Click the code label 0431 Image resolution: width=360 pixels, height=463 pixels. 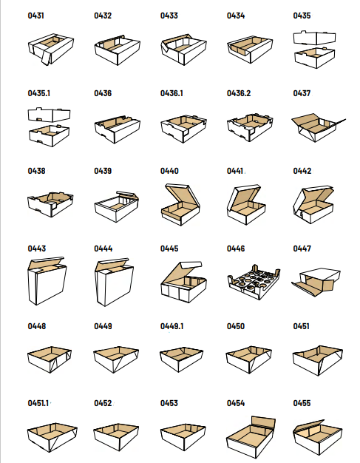point(35,16)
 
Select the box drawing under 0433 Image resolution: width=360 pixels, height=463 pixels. point(183,50)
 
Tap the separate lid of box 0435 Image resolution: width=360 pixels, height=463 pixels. point(314,37)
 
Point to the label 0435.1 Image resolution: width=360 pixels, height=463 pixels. point(38,93)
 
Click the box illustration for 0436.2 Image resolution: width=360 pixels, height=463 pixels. point(250,127)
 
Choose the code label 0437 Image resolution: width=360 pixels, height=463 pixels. point(302,93)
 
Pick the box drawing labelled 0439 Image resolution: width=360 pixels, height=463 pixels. point(117,206)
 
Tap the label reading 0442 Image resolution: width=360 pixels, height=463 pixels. point(302,171)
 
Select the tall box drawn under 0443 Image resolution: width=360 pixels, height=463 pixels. point(47,281)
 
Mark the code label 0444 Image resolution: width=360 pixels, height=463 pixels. point(103,249)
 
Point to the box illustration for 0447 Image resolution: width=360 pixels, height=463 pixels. point(316,283)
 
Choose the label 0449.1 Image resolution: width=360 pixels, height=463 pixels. point(171,326)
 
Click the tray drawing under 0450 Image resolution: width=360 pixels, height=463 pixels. point(249,359)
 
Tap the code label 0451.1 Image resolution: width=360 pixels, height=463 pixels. point(38,403)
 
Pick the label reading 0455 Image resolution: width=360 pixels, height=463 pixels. point(302,403)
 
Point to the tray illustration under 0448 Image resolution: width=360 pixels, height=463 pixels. point(50,359)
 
